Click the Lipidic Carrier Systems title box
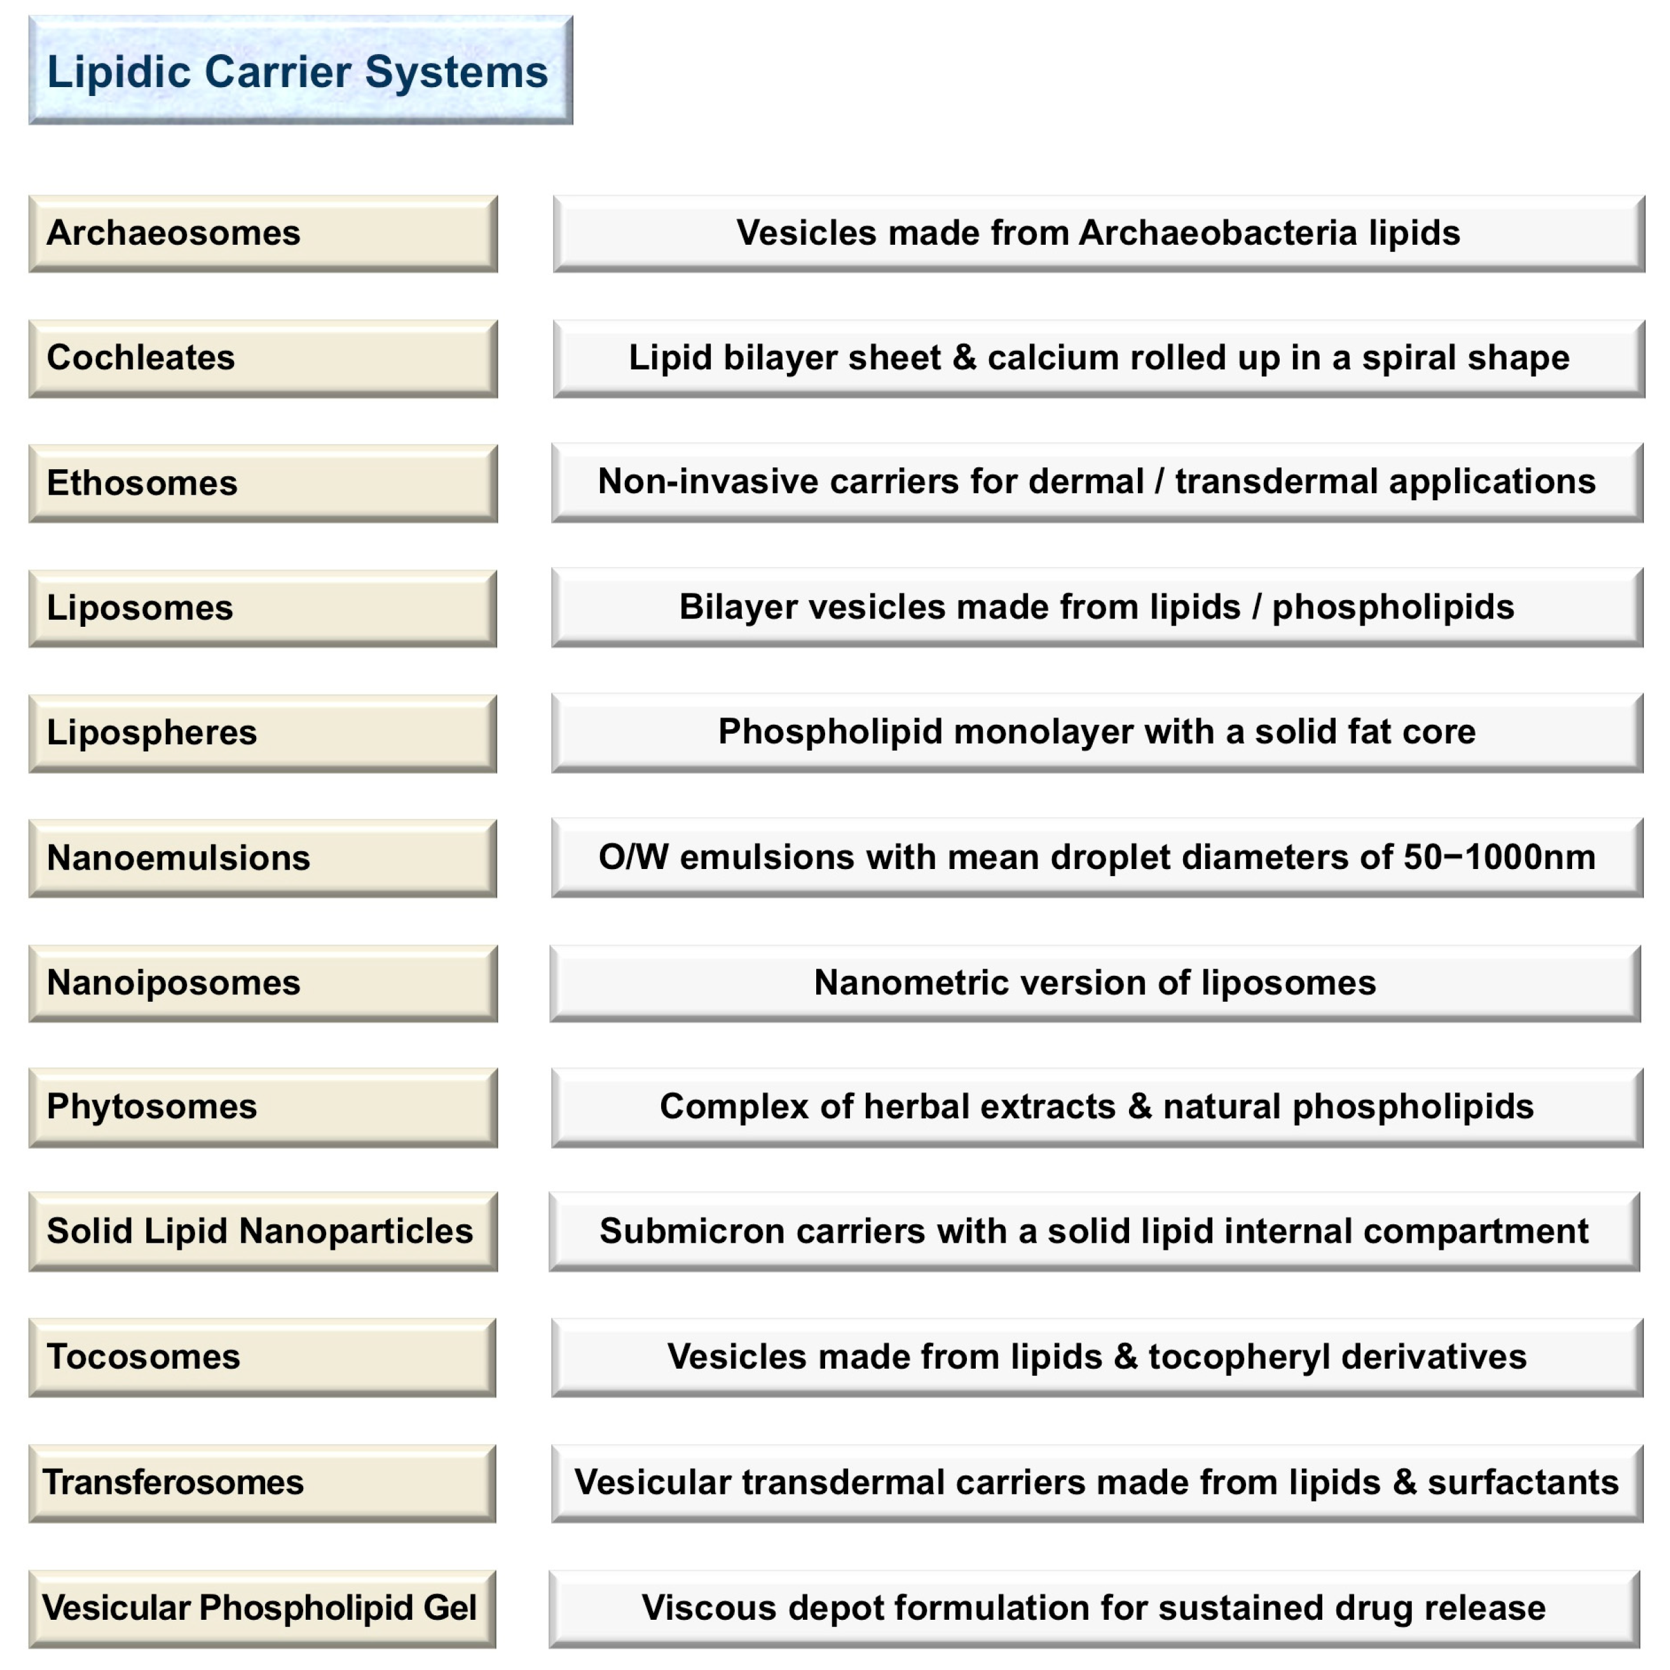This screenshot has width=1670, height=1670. click(x=300, y=70)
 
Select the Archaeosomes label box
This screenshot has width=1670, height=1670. click(x=263, y=233)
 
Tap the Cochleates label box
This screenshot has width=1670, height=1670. click(x=263, y=358)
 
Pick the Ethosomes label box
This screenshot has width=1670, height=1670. click(x=263, y=483)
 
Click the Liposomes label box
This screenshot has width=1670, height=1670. click(x=263, y=608)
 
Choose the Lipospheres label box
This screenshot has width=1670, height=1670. click(x=263, y=733)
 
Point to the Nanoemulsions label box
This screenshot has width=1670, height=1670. click(x=263, y=858)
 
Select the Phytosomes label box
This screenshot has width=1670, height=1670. click(x=263, y=1107)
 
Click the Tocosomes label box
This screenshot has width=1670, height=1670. click(x=263, y=1357)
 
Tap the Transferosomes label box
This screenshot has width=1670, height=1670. click(x=263, y=1482)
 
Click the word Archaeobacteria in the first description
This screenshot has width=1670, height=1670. click(x=1218, y=233)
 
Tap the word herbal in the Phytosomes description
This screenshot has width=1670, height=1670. click(x=924, y=1107)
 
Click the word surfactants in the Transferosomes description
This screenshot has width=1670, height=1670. click(x=1522, y=1482)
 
